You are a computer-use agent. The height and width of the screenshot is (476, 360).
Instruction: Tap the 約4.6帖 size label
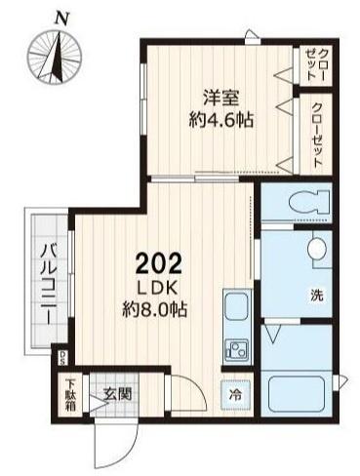[221, 120]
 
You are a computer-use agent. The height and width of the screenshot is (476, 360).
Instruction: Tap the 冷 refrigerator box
[235, 395]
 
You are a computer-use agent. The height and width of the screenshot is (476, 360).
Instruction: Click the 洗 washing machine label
[317, 294]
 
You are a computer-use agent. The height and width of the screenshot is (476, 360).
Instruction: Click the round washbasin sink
[317, 252]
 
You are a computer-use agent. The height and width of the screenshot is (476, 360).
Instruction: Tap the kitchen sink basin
[237, 313]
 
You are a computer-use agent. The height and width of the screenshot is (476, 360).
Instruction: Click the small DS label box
[63, 356]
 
